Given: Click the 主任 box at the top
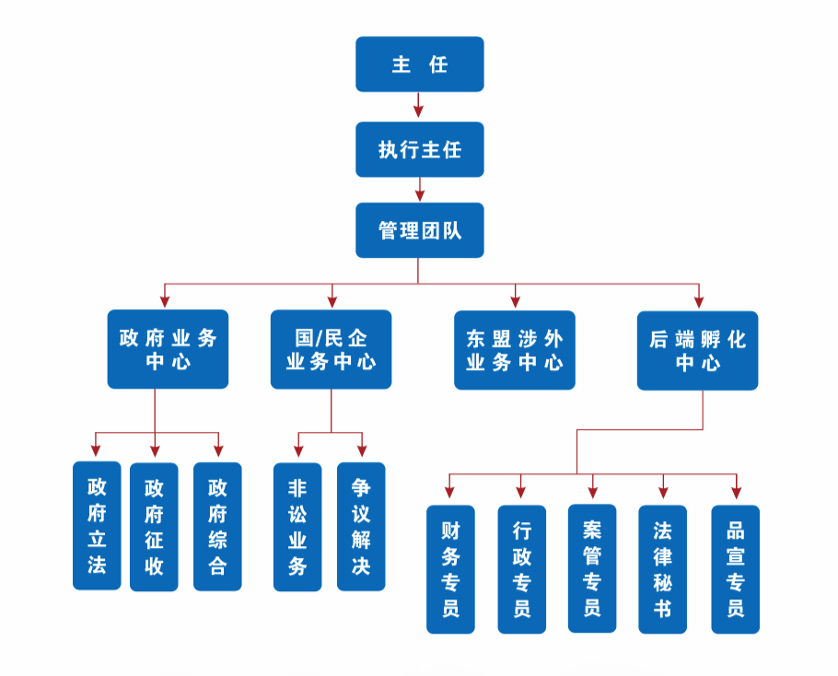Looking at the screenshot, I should tap(419, 64).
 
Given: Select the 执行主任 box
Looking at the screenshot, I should tap(419, 149).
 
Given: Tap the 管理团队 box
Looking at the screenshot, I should tap(419, 230).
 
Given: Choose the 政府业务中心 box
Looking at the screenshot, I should tap(168, 349).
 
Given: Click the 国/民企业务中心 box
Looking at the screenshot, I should tap(331, 349).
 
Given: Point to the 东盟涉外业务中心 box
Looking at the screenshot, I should tap(514, 350).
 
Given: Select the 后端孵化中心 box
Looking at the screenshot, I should tap(697, 350).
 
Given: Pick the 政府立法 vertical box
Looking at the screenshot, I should tap(97, 526).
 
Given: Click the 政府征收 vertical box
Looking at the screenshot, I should tap(154, 526).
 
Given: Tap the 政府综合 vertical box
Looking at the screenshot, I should tap(217, 526).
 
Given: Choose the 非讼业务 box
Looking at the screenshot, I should tap(297, 526).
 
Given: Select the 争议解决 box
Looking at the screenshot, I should tap(361, 526).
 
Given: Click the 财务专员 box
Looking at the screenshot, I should tap(450, 569).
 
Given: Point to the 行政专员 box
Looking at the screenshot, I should tap(521, 569).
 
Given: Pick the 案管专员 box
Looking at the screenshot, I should tap(591, 568).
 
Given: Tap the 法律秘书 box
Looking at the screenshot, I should tap(662, 569).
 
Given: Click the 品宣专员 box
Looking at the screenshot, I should tap(735, 569).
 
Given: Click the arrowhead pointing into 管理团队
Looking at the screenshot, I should tap(419, 194).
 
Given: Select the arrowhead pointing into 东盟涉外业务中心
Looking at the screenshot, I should tap(515, 300).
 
